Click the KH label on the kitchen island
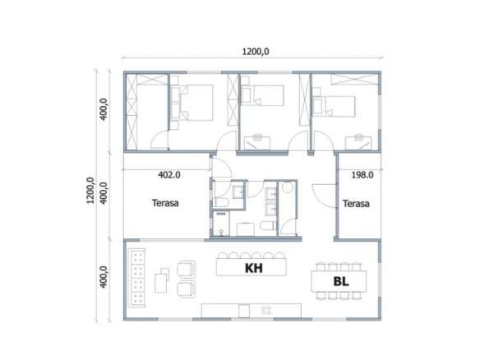click(254, 268)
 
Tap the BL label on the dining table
click(341, 281)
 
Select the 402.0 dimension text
click(169, 175)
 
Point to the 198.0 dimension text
click(362, 175)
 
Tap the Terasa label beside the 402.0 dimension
click(165, 203)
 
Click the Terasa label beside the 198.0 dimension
click(356, 204)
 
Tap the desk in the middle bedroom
click(257, 143)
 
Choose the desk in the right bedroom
click(358, 143)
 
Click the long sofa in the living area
click(137, 278)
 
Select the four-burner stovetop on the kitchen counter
click(266, 311)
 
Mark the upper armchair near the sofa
click(187, 269)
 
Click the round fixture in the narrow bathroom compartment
click(288, 187)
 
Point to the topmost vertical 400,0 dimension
click(104, 109)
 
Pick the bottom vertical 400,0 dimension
click(104, 277)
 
